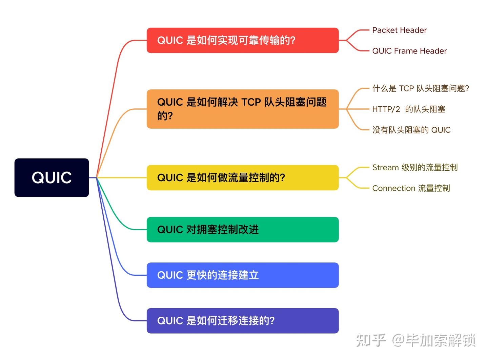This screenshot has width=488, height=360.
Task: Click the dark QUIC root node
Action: click(52, 177)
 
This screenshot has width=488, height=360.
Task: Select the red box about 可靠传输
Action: click(242, 40)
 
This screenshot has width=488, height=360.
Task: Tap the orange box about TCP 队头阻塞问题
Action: click(242, 109)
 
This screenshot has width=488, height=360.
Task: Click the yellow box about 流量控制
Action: click(242, 177)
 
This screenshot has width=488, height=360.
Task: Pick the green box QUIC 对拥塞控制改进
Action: click(242, 230)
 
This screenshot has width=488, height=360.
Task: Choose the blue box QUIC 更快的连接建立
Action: click(242, 275)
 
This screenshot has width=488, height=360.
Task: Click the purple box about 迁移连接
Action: click(242, 321)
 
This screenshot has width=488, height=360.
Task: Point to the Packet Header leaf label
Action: click(399, 30)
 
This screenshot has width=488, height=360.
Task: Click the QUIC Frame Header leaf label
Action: click(409, 51)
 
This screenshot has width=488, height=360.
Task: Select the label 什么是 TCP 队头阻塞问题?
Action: click(421, 88)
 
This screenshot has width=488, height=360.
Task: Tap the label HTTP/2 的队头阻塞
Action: click(409, 109)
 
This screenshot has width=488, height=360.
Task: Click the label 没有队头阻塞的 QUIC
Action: click(411, 130)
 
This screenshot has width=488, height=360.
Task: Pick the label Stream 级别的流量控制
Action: click(415, 167)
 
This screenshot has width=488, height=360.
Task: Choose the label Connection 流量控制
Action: click(411, 188)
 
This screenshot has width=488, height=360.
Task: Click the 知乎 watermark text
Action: click(371, 340)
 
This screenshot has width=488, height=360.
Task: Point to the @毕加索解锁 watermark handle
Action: click(434, 340)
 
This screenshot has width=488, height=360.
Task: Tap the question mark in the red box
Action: click(293, 40)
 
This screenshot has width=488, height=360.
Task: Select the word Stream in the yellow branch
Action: click(385, 167)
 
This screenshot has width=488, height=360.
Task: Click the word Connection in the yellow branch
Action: click(393, 188)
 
